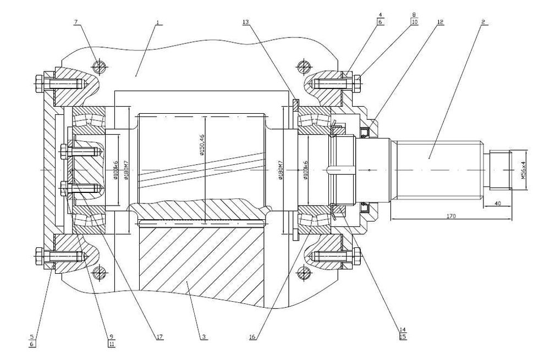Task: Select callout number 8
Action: [414, 15]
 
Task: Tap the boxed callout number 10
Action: [414, 22]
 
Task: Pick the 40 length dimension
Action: [498, 203]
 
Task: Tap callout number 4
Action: [380, 15]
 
